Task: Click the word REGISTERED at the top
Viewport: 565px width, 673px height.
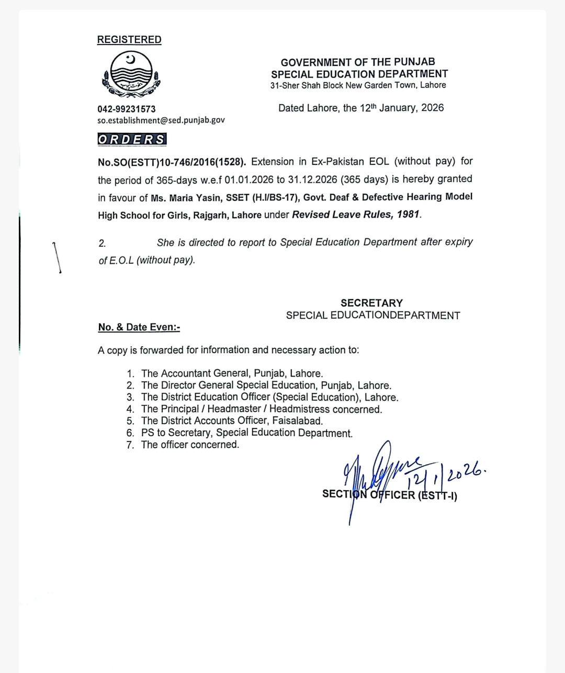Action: pos(129,40)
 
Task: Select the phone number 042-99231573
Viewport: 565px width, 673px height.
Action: pos(126,109)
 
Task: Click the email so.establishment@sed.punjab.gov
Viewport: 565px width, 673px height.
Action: pos(161,120)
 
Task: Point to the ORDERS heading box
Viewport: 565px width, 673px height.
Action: pos(132,139)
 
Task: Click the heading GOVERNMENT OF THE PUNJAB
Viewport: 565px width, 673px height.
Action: pos(358,62)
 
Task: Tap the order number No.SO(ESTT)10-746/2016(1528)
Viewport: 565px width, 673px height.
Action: pos(172,161)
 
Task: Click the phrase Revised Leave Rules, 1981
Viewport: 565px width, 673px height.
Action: pos(356,214)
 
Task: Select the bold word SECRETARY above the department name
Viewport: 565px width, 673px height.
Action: pos(371,303)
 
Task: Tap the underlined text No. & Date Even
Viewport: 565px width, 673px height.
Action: pos(139,327)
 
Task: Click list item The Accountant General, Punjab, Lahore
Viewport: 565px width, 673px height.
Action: pos(232,373)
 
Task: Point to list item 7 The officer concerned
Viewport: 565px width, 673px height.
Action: pos(190,445)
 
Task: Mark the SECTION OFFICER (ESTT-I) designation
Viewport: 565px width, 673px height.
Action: pos(389,494)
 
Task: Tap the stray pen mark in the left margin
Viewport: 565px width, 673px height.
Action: pos(57,257)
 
